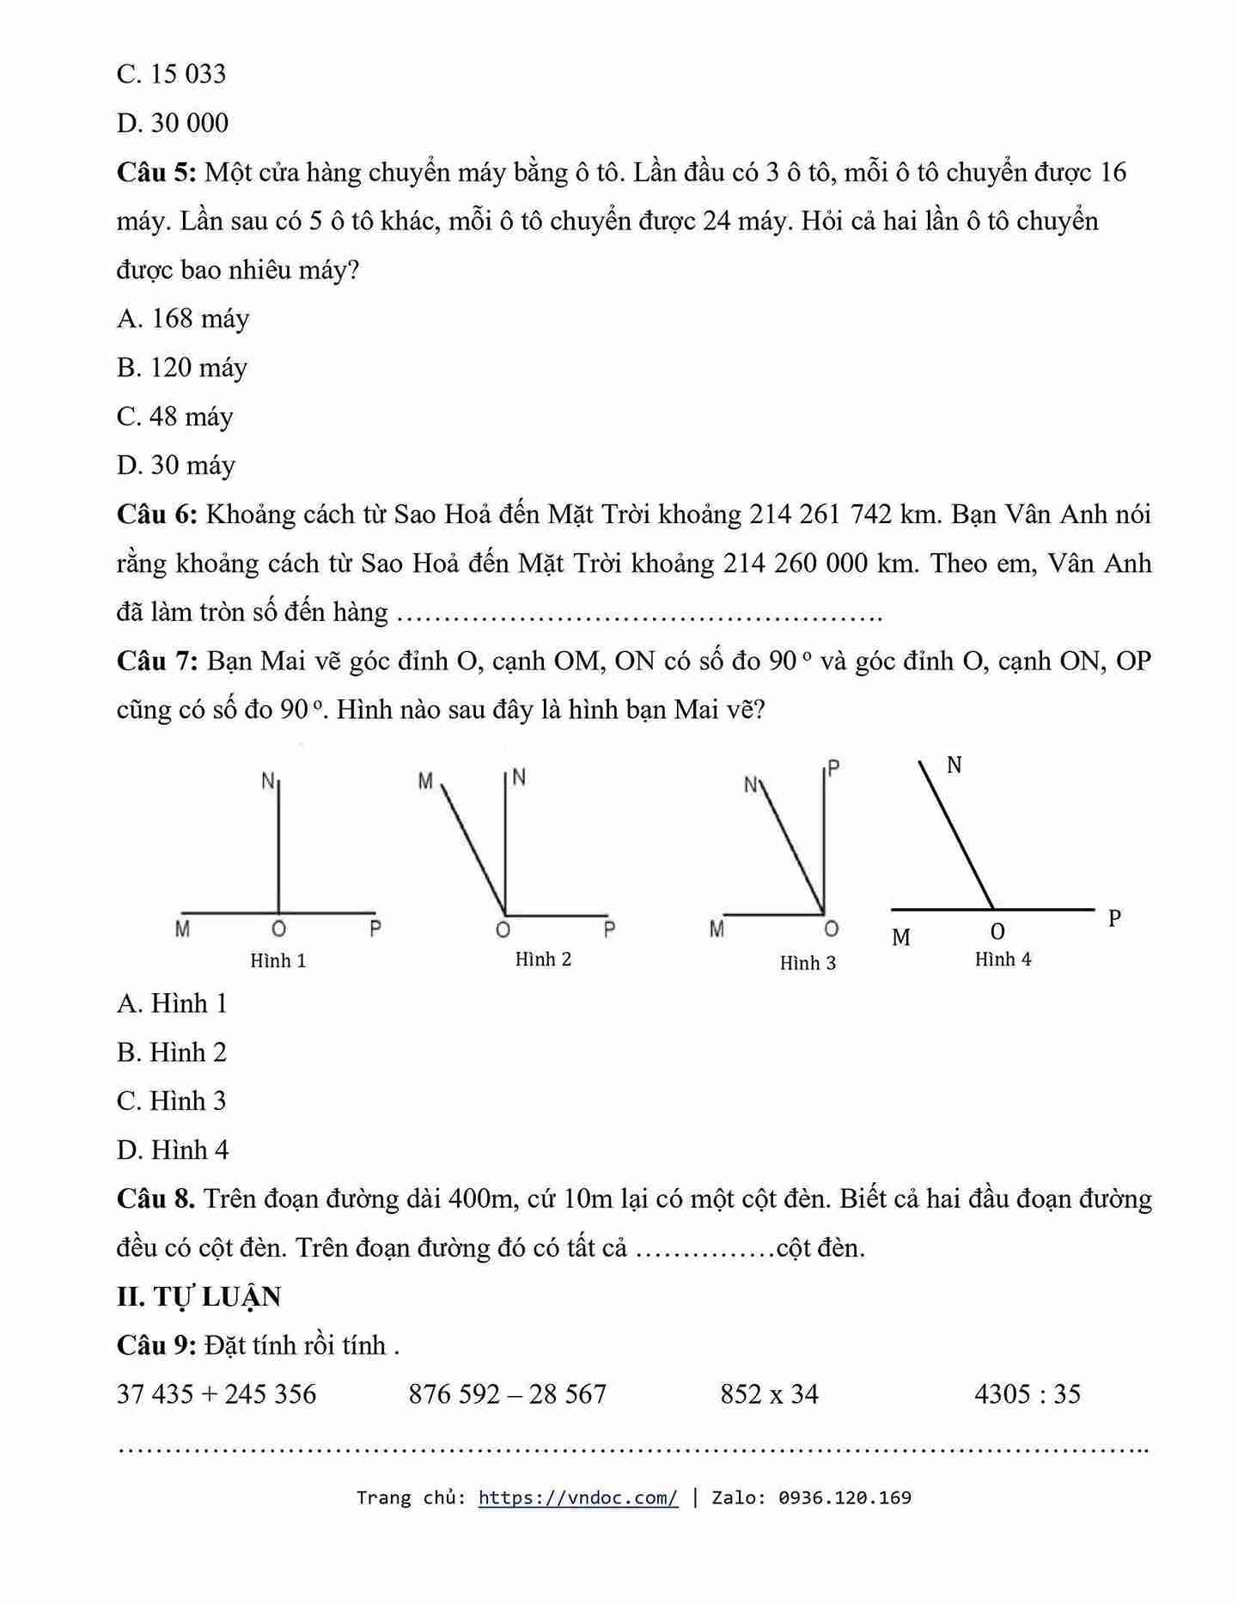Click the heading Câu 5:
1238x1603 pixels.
(156, 173)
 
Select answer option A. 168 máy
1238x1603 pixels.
(183, 319)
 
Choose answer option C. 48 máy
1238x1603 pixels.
(175, 417)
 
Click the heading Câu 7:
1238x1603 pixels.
(157, 661)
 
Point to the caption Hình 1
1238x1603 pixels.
(277, 960)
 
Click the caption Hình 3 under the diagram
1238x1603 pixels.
(808, 963)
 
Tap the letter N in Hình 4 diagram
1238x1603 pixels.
(954, 765)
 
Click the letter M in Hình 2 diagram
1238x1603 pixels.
(425, 782)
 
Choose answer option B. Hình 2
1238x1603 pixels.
(172, 1052)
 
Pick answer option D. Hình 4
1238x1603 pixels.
(173, 1150)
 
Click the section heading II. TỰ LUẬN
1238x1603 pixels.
(198, 1296)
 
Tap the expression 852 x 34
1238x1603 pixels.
(769, 1394)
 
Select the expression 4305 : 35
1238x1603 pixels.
(1027, 1394)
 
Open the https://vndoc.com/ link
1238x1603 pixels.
(577, 1498)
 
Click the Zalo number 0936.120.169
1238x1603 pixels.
(845, 1498)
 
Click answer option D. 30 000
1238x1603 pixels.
(173, 124)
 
